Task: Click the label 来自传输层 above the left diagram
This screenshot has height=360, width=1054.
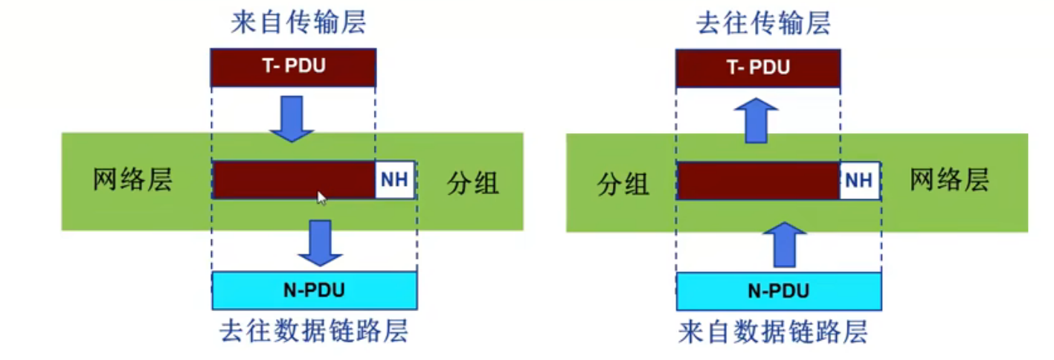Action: [x=298, y=23]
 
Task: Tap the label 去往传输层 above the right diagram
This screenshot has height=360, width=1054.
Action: [x=762, y=23]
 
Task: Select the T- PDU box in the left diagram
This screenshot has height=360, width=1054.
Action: [x=293, y=68]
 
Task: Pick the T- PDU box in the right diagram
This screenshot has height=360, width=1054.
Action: [x=758, y=68]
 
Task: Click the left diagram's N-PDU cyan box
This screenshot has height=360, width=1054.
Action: [x=314, y=290]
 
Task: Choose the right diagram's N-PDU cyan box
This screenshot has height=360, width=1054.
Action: [x=778, y=291]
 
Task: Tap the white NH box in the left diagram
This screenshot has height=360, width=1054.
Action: [x=395, y=180]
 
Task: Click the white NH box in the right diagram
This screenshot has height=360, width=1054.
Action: [x=860, y=181]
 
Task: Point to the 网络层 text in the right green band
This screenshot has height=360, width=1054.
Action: [x=950, y=181]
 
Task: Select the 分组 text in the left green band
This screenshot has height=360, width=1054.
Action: [x=473, y=182]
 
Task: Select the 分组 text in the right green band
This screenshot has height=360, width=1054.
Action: [x=623, y=183]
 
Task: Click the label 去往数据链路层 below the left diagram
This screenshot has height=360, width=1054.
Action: [x=314, y=330]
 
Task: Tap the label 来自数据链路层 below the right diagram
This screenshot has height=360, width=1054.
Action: [x=774, y=332]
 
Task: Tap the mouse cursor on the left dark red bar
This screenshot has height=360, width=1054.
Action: [x=321, y=198]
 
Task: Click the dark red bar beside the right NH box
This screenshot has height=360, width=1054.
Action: [x=757, y=181]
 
